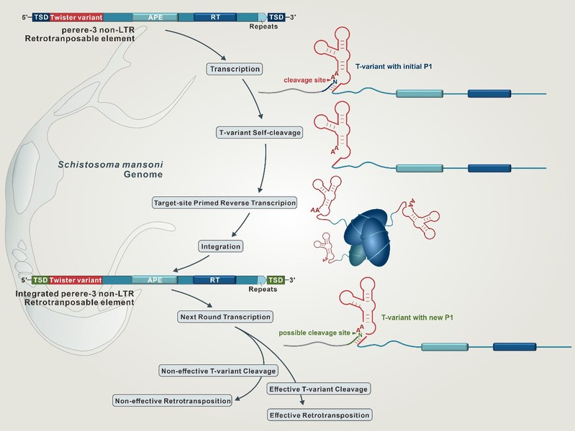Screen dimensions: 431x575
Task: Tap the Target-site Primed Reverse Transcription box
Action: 225,203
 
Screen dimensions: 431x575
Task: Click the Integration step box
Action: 220,246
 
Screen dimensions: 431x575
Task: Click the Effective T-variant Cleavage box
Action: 318,389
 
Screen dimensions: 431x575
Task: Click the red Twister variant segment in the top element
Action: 77,16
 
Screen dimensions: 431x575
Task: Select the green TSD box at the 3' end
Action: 276,279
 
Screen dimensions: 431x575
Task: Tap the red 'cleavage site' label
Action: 305,80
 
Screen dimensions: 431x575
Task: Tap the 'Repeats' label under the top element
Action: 263,26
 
